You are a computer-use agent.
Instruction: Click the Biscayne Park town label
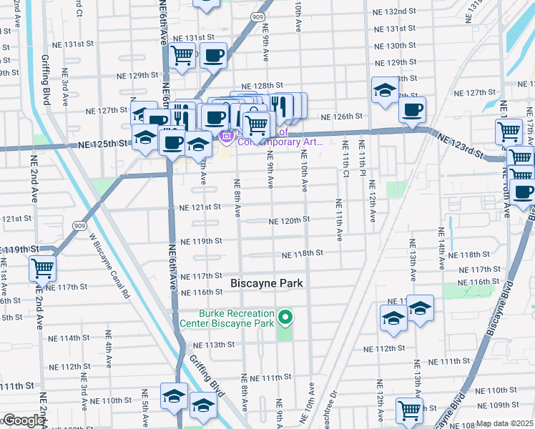point(267,284)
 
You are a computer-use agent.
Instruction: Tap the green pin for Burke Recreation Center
point(285,317)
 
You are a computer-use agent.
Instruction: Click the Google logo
point(23,421)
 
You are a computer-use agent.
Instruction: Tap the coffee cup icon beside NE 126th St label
point(411,110)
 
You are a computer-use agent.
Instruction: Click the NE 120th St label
point(289,221)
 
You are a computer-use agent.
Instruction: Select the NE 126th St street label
point(342,117)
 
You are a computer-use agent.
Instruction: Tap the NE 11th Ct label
point(338,222)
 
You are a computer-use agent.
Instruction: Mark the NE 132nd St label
point(395,12)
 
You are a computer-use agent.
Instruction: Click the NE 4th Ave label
point(109,349)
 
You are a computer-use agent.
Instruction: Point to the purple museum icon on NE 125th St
point(227,136)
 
